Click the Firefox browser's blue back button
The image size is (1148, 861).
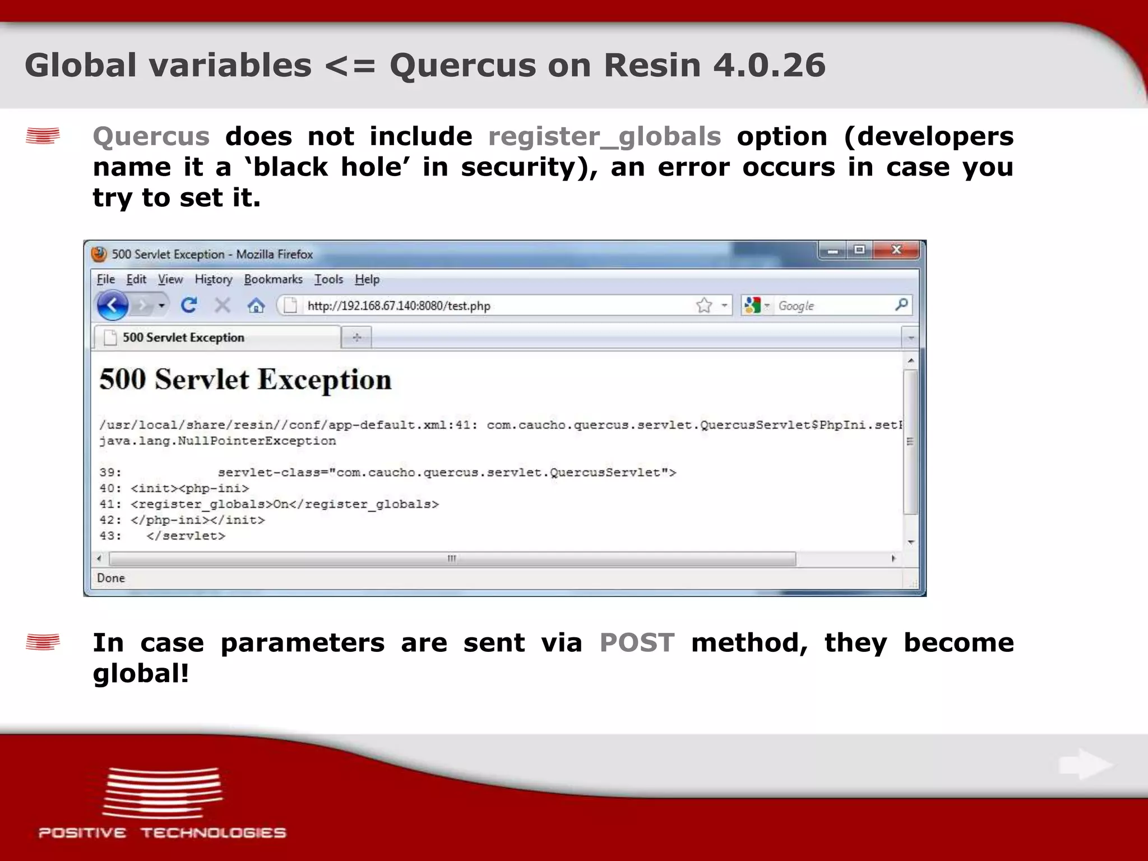click(x=113, y=305)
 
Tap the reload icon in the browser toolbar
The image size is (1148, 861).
click(x=189, y=305)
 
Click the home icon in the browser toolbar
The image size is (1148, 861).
click(x=256, y=305)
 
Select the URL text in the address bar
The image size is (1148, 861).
click(x=399, y=306)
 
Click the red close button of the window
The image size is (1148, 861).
click(x=896, y=250)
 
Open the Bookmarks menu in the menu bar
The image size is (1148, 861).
click(x=273, y=279)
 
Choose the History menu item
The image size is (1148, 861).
click(x=213, y=279)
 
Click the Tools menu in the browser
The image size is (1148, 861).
click(x=328, y=279)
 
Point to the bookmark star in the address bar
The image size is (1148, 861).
click(x=704, y=305)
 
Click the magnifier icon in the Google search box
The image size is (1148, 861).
click(x=901, y=305)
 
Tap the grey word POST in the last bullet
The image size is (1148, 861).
click(x=637, y=642)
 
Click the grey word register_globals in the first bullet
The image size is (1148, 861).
click(x=604, y=137)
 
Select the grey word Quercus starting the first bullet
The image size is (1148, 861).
click(x=151, y=137)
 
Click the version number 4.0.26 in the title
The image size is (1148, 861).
click(x=769, y=65)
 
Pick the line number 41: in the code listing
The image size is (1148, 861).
click(x=110, y=504)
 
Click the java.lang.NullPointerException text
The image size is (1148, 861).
click(x=217, y=441)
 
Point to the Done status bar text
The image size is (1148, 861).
click(x=111, y=578)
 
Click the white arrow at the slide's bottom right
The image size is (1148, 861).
click(x=1085, y=764)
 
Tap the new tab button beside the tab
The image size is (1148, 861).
click(x=357, y=337)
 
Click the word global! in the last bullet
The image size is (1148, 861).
click(x=141, y=673)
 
